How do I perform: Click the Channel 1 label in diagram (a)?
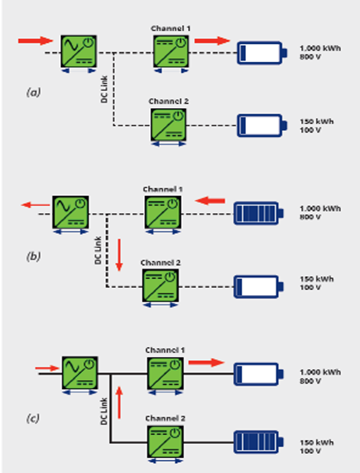(x=170, y=29)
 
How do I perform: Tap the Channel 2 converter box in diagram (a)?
(x=168, y=125)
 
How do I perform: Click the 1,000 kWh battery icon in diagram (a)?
(x=261, y=53)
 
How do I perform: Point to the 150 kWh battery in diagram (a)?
(x=261, y=125)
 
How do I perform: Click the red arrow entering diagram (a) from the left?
(x=35, y=41)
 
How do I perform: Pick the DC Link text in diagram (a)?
(x=104, y=89)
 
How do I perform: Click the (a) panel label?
(x=33, y=92)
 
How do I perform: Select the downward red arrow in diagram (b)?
(x=119, y=255)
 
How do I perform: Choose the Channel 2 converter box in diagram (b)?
(x=160, y=286)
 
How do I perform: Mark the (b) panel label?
(x=33, y=256)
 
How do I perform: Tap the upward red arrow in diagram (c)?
(x=119, y=403)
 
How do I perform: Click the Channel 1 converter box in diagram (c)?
(x=165, y=374)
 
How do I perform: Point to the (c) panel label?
(x=33, y=418)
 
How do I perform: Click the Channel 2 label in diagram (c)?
(x=165, y=418)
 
